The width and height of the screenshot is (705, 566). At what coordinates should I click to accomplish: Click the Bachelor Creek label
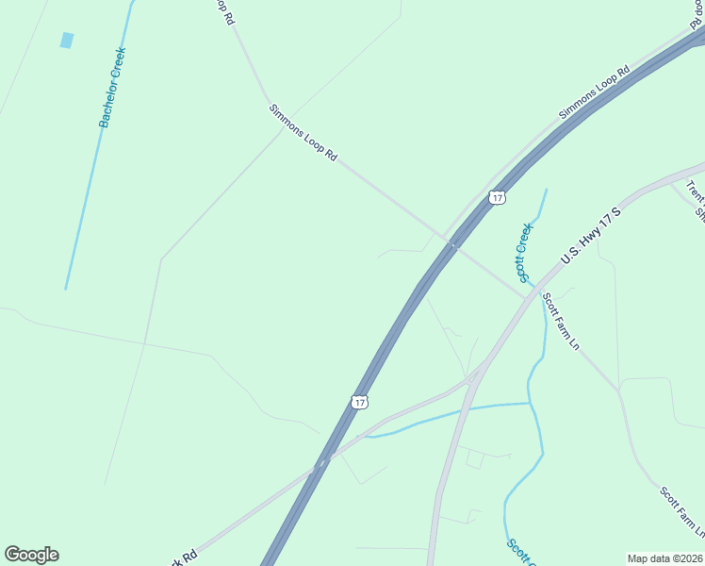112,87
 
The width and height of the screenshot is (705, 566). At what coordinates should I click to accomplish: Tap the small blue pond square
67,40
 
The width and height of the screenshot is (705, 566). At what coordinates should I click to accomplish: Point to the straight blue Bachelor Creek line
83,208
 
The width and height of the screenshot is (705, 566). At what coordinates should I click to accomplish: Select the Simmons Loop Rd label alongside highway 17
594,92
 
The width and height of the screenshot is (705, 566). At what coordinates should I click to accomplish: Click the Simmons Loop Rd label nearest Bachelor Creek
303,133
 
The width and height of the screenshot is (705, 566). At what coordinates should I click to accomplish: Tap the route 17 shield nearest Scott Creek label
498,197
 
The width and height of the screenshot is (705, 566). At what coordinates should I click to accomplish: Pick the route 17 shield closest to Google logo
359,402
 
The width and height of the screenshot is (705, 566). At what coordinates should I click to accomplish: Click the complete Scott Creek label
525,252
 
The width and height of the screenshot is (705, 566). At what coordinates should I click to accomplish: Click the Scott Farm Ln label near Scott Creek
559,322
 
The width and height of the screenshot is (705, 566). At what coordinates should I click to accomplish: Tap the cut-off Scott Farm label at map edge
680,513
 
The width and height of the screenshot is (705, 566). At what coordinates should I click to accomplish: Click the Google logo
31,555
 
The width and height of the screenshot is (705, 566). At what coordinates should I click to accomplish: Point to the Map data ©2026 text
664,558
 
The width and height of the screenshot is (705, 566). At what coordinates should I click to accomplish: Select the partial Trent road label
696,194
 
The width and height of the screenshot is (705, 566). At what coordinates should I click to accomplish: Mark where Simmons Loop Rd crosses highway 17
452,244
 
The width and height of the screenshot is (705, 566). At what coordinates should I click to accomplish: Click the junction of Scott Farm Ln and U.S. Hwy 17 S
527,299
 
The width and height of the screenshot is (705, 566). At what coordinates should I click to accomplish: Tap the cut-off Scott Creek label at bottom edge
518,553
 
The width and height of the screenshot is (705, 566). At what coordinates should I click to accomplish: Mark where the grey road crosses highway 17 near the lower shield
321,462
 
